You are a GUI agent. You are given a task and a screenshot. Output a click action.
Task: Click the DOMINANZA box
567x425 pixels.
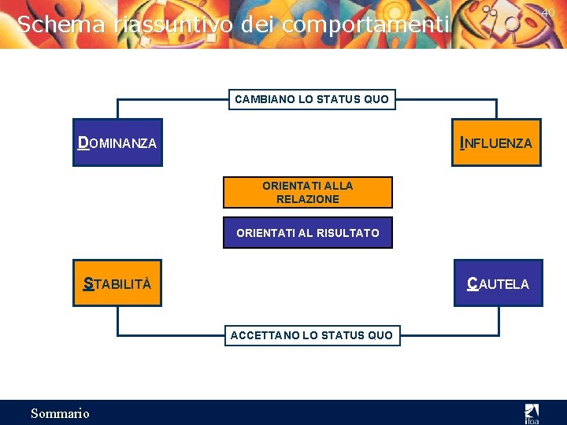click(117, 142)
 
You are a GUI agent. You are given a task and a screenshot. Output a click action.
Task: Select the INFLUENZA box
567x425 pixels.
click(496, 142)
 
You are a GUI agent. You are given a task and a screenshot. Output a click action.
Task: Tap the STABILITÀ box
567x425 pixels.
click(117, 283)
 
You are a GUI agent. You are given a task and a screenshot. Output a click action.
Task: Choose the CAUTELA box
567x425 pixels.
click(498, 283)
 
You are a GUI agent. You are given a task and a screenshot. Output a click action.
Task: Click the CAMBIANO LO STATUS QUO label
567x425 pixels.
click(312, 100)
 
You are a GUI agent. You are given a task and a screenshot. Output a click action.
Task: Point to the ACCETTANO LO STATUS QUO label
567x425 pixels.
click(312, 335)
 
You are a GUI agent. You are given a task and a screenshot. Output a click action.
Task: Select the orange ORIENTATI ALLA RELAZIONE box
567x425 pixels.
click(308, 193)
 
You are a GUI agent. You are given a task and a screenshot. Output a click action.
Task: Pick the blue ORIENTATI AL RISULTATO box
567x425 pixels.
click(308, 233)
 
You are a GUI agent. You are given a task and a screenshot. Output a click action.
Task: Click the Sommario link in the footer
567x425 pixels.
click(60, 413)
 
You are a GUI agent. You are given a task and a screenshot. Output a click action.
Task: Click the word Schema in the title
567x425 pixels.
click(61, 24)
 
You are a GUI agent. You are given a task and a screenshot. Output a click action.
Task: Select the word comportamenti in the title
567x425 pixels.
click(366, 25)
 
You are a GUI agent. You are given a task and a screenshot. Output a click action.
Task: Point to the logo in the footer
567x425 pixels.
click(532, 413)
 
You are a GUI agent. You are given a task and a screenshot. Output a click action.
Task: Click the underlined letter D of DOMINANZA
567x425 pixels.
click(83, 142)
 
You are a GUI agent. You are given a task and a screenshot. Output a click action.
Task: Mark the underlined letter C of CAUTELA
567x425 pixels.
click(472, 283)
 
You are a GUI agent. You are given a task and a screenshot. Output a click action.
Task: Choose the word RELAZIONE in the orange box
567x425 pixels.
click(308, 199)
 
